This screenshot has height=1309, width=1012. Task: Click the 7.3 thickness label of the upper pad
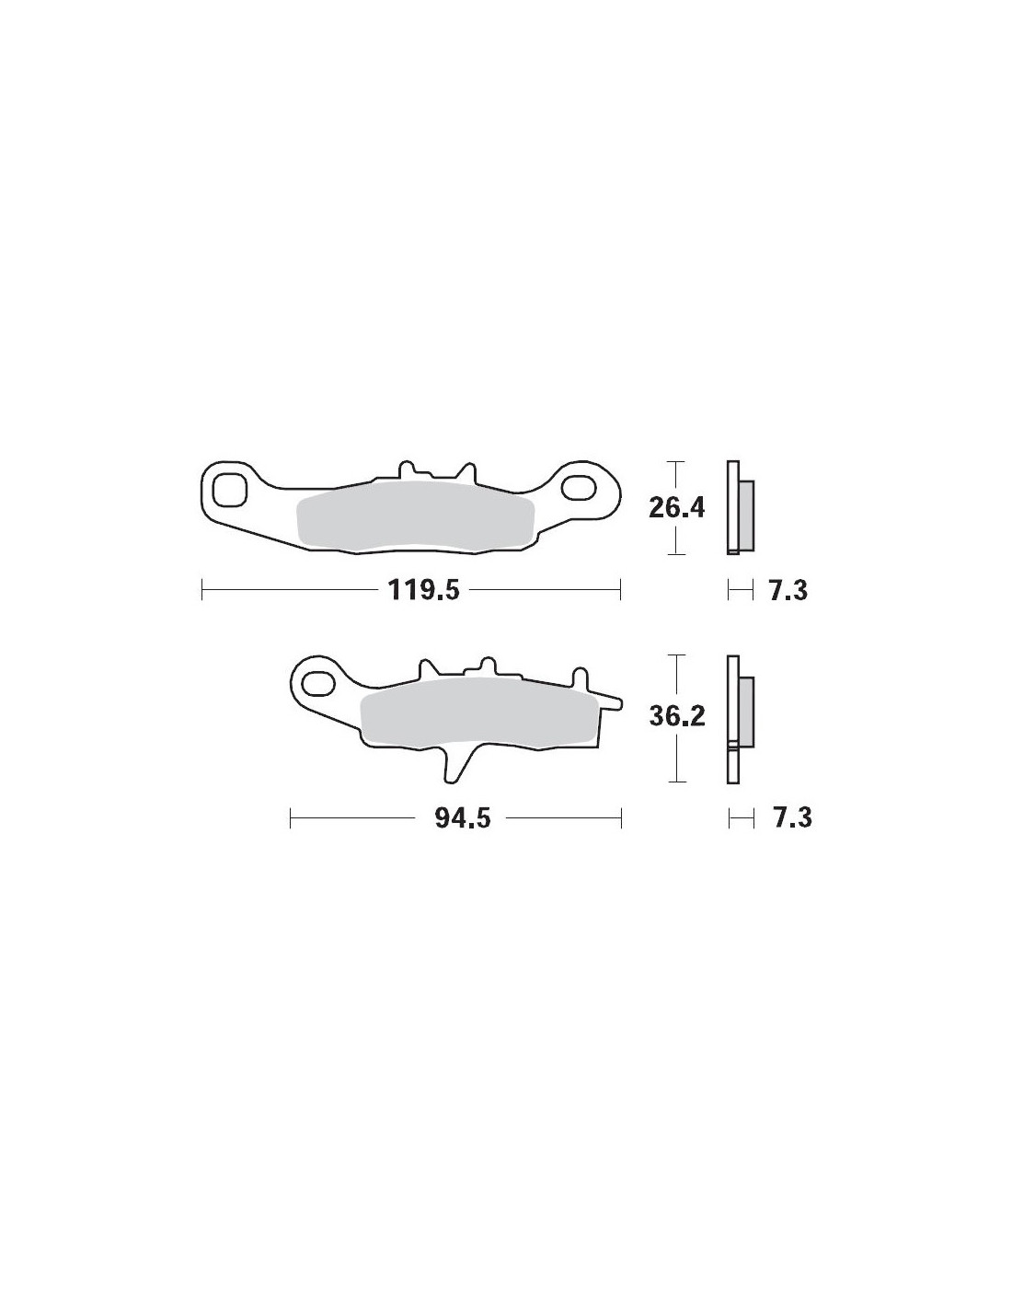[788, 590]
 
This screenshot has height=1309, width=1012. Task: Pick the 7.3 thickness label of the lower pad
[792, 818]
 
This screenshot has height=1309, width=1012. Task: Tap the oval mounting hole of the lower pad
[318, 682]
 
